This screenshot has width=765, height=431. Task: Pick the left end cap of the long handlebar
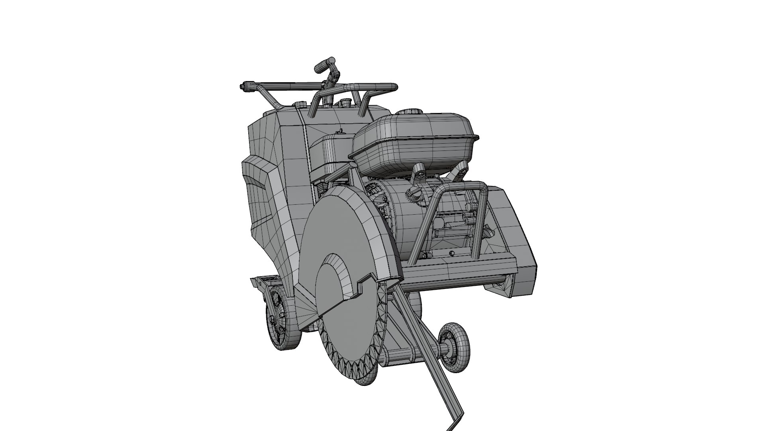click(x=242, y=86)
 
